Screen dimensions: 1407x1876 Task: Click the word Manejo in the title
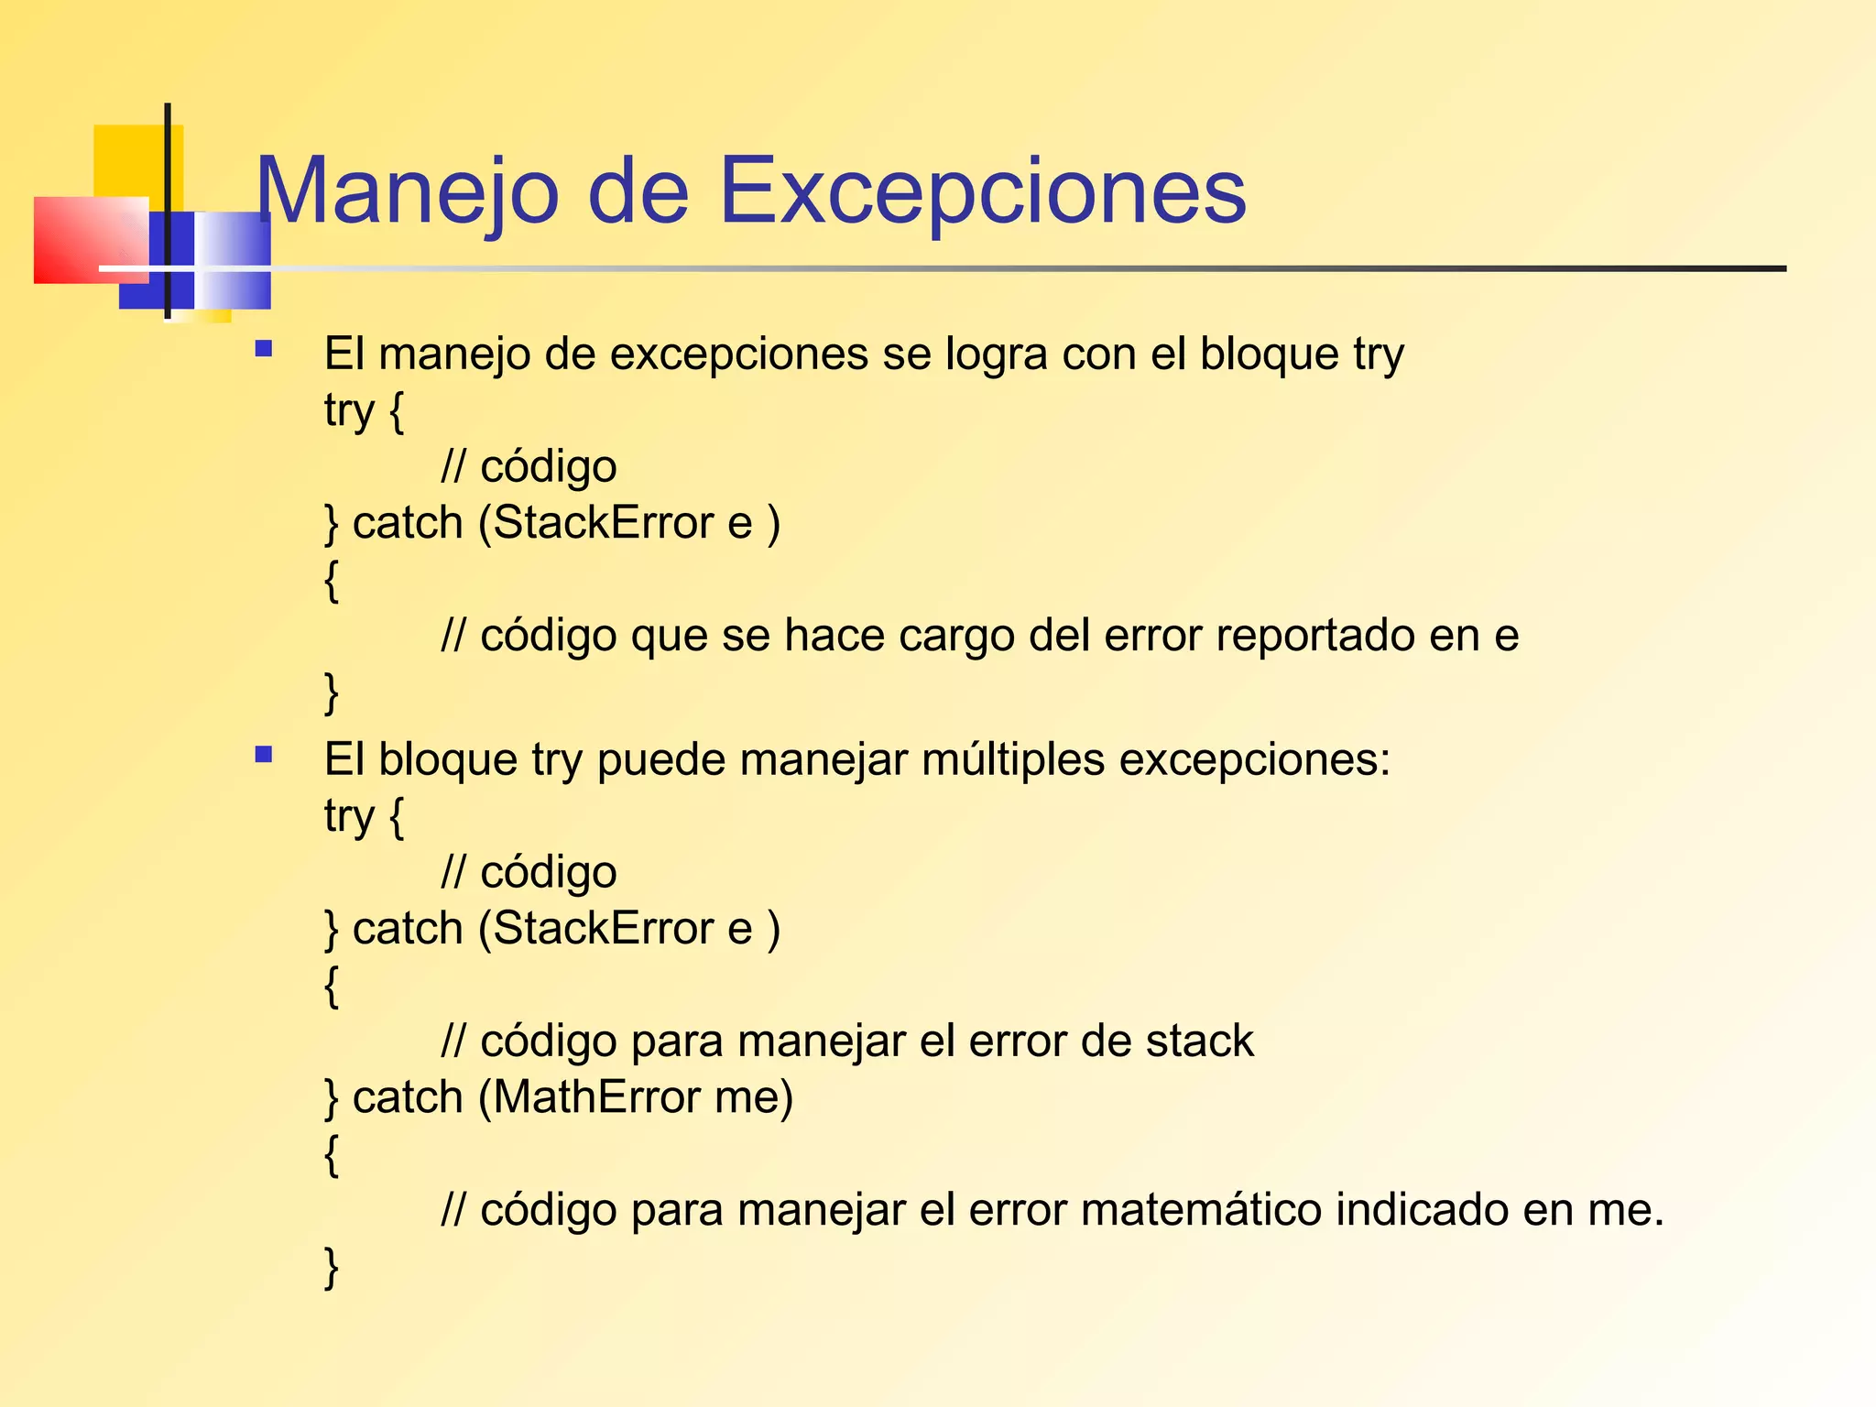tap(407, 191)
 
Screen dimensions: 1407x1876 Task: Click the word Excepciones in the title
tap(982, 191)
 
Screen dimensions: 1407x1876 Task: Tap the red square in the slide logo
tap(87, 240)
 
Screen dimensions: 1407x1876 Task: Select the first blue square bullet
tap(264, 349)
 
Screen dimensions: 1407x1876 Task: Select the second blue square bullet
tap(264, 756)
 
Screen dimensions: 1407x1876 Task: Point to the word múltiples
tap(1013, 759)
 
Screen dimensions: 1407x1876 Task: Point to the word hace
tap(834, 636)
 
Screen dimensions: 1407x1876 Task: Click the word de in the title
tap(638, 191)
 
